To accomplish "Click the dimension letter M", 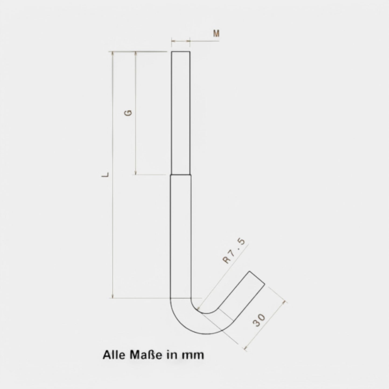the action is pyautogui.click(x=216, y=33).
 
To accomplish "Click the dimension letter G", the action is pyautogui.click(x=128, y=113).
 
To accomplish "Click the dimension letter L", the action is pyautogui.click(x=105, y=175).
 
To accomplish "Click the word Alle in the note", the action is pyautogui.click(x=113, y=355).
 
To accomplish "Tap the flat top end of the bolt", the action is pyautogui.click(x=181, y=52).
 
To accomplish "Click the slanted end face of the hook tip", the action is pyautogui.click(x=257, y=278).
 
